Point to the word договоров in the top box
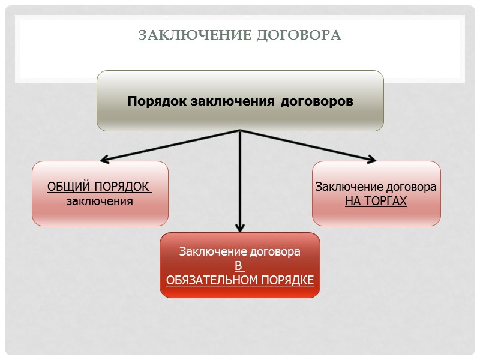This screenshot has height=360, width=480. click(x=317, y=101)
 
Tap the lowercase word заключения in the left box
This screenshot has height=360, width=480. click(x=100, y=201)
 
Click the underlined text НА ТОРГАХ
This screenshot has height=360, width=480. click(x=376, y=201)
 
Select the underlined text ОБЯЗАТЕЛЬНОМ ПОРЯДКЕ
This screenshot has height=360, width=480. click(x=240, y=280)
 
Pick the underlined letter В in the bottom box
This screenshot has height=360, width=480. click(x=238, y=266)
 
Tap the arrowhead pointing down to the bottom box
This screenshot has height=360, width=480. click(x=240, y=228)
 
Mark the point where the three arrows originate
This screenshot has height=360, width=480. click(x=240, y=131)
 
